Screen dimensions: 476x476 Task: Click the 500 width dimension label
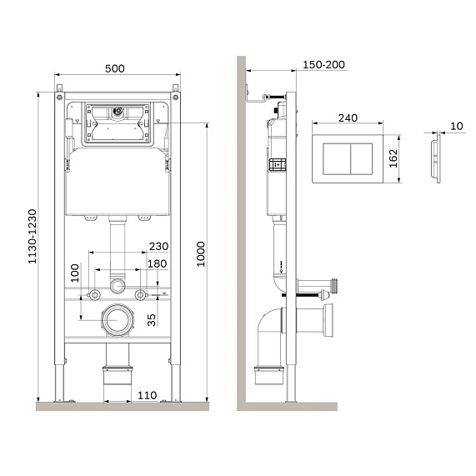click(115, 68)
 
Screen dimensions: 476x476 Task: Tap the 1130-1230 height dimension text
click(33, 237)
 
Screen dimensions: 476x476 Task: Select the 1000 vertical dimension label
click(201, 254)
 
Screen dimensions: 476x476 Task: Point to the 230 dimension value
click(158, 246)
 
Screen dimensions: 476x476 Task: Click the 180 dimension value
click(158, 263)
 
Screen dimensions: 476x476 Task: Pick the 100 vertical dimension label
click(75, 273)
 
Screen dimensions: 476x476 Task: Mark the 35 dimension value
click(152, 320)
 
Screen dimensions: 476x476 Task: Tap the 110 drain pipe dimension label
click(148, 395)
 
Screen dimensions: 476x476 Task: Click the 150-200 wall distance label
click(324, 65)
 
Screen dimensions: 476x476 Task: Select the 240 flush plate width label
click(348, 118)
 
